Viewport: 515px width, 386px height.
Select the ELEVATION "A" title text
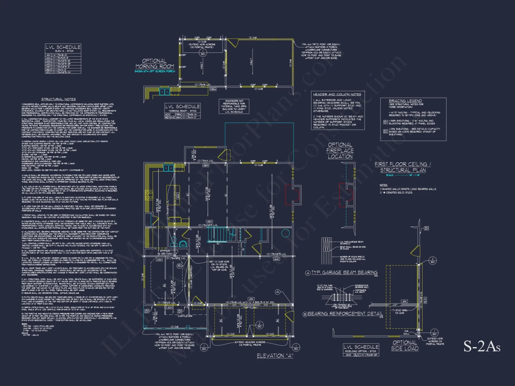[275, 356]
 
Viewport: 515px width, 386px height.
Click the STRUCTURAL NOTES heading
[58, 99]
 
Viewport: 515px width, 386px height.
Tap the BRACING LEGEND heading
[405, 101]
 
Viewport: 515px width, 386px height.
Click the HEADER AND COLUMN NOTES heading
[337, 94]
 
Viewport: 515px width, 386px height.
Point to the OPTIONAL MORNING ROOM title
[154, 64]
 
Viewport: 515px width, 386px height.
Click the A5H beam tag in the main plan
[209, 222]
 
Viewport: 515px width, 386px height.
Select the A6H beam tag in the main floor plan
[205, 165]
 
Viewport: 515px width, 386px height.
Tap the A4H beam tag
[276, 259]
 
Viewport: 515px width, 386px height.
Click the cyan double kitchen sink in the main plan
[168, 168]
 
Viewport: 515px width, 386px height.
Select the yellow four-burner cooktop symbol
[149, 195]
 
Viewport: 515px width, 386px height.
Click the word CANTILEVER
[185, 316]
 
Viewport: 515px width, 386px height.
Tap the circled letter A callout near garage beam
[277, 292]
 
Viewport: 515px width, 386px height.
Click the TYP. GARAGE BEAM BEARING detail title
[344, 273]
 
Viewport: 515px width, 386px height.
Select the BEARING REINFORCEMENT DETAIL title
[345, 314]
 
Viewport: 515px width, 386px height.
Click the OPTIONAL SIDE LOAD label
[405, 345]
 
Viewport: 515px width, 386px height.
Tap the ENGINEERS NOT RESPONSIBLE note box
[234, 106]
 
